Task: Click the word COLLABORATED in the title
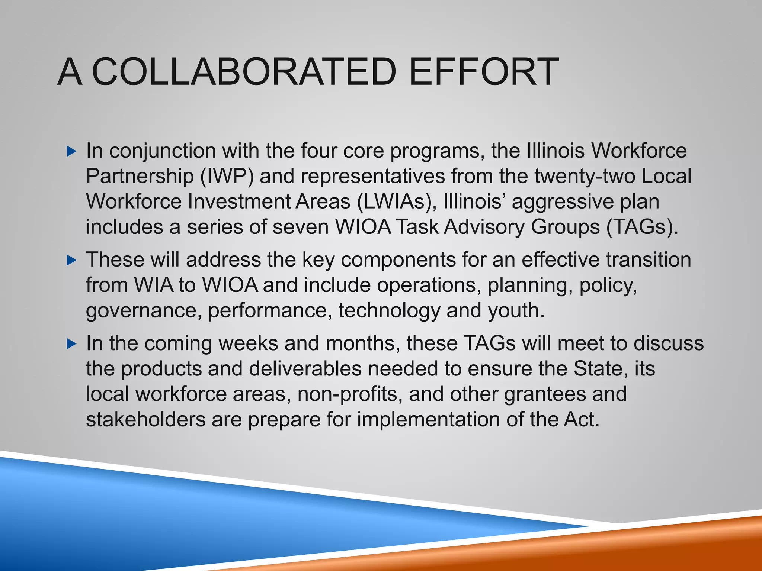[x=244, y=71]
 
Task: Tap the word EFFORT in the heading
[x=483, y=71]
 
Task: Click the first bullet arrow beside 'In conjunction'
[x=71, y=151]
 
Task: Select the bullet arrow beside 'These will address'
[x=71, y=260]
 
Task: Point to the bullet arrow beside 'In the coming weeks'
[x=71, y=344]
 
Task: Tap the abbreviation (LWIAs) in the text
[x=397, y=201]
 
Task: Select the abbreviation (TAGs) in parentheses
[x=641, y=227]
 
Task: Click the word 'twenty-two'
[x=585, y=176]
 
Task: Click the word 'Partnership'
[x=140, y=176]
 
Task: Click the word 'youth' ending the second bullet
[x=516, y=311]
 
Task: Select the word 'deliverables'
[x=305, y=369]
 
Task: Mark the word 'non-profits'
[x=350, y=394]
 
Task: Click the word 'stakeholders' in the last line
[x=145, y=419]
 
